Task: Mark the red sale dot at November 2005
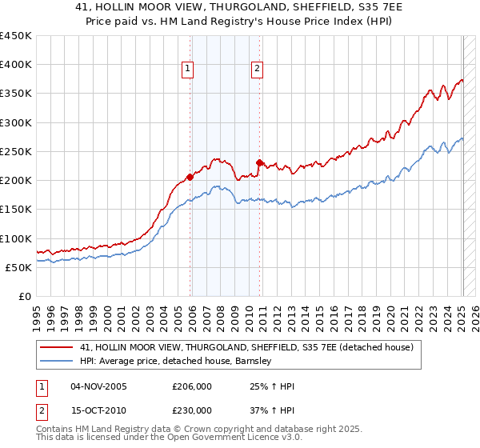190,177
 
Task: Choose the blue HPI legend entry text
176,361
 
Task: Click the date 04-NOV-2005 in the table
98,386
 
